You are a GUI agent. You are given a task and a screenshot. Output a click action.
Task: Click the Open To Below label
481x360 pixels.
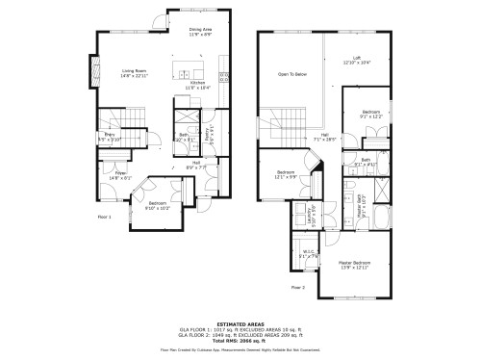[292, 74]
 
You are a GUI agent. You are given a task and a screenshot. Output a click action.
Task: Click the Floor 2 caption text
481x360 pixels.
[297, 287]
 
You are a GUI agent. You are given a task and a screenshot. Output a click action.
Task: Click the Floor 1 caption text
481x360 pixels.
[105, 218]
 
